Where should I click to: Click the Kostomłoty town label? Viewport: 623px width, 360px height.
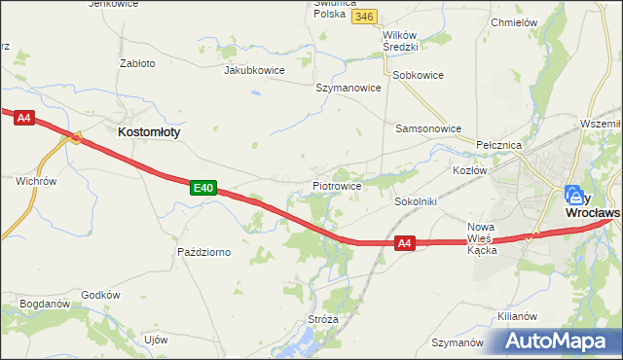149,130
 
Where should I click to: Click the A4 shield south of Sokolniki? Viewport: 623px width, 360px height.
407,244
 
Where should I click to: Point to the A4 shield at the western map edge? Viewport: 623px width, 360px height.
24,118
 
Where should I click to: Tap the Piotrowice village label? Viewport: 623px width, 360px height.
337,185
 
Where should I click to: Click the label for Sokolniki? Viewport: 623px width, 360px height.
416,201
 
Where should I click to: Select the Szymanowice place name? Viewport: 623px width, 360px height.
348,88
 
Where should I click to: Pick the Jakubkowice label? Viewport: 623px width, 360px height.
253,70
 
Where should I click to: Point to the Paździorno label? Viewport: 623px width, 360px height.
203,252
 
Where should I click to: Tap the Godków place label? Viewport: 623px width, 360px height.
100,295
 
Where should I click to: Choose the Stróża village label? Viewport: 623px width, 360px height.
321,318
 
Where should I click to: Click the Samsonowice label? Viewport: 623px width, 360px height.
427,127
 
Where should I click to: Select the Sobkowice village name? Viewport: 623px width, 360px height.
417,74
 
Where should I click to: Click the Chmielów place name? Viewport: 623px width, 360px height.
516,22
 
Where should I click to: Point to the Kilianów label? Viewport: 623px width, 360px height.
517,317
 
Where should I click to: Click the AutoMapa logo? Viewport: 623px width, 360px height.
559,341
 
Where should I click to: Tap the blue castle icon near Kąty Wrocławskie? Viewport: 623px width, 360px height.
573,194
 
